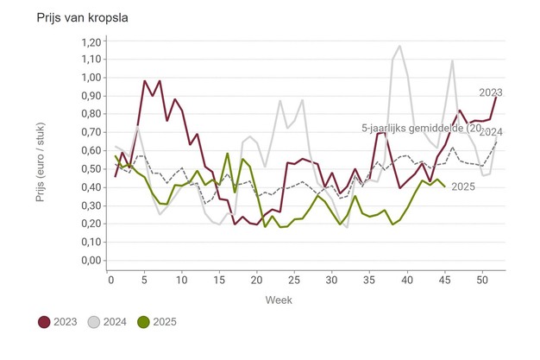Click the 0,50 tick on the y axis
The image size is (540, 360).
pyautogui.click(x=89, y=168)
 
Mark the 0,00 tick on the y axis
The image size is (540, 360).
pyautogui.click(x=89, y=260)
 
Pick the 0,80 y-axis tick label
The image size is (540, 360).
pyautogui.click(x=89, y=114)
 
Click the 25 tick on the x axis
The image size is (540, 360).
pyautogui.click(x=293, y=281)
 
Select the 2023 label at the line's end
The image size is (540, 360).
pyautogui.click(x=491, y=92)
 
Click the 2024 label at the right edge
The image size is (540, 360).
pyautogui.click(x=491, y=132)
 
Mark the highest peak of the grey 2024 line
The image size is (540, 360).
pyautogui.click(x=399, y=46)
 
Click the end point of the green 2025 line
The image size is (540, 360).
pyautogui.click(x=444, y=186)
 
